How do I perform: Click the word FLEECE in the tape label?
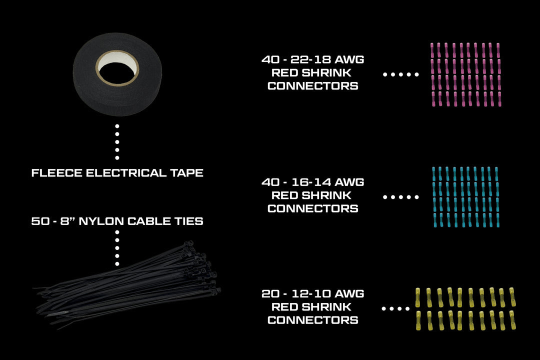(57, 173)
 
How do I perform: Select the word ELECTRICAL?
(126, 173)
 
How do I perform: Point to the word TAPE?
(186, 173)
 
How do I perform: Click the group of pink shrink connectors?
(465, 75)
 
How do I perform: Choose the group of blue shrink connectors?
(465, 197)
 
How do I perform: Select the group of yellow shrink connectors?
(465, 309)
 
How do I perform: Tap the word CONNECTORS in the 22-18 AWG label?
(313, 86)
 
